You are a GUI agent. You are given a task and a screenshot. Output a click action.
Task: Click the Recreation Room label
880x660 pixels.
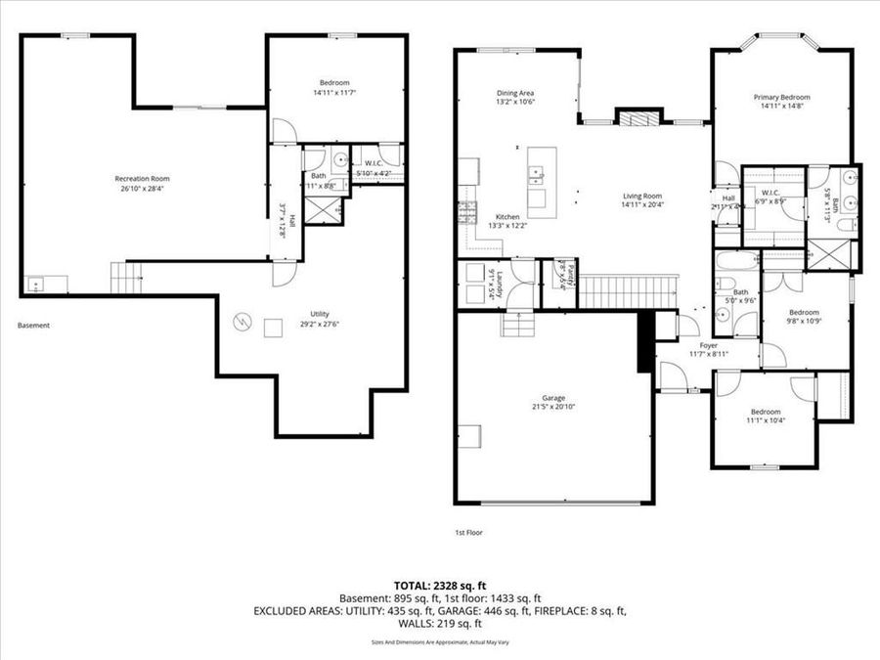coord(143,179)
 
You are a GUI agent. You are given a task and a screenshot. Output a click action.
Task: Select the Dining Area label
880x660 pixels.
coord(514,92)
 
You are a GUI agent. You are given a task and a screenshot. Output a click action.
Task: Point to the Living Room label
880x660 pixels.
coord(643,196)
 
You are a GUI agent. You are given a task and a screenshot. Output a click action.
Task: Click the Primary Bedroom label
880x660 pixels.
coord(781,97)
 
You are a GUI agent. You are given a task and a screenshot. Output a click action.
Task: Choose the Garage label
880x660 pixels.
coord(553,398)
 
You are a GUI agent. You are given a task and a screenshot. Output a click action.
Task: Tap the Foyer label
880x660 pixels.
coord(708,344)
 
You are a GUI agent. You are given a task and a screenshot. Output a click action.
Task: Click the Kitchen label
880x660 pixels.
coord(507,216)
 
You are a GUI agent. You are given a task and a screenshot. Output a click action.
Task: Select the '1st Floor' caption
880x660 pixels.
coord(468,533)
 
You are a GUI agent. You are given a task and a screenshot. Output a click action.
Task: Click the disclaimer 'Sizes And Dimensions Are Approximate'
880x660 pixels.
coord(439,642)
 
